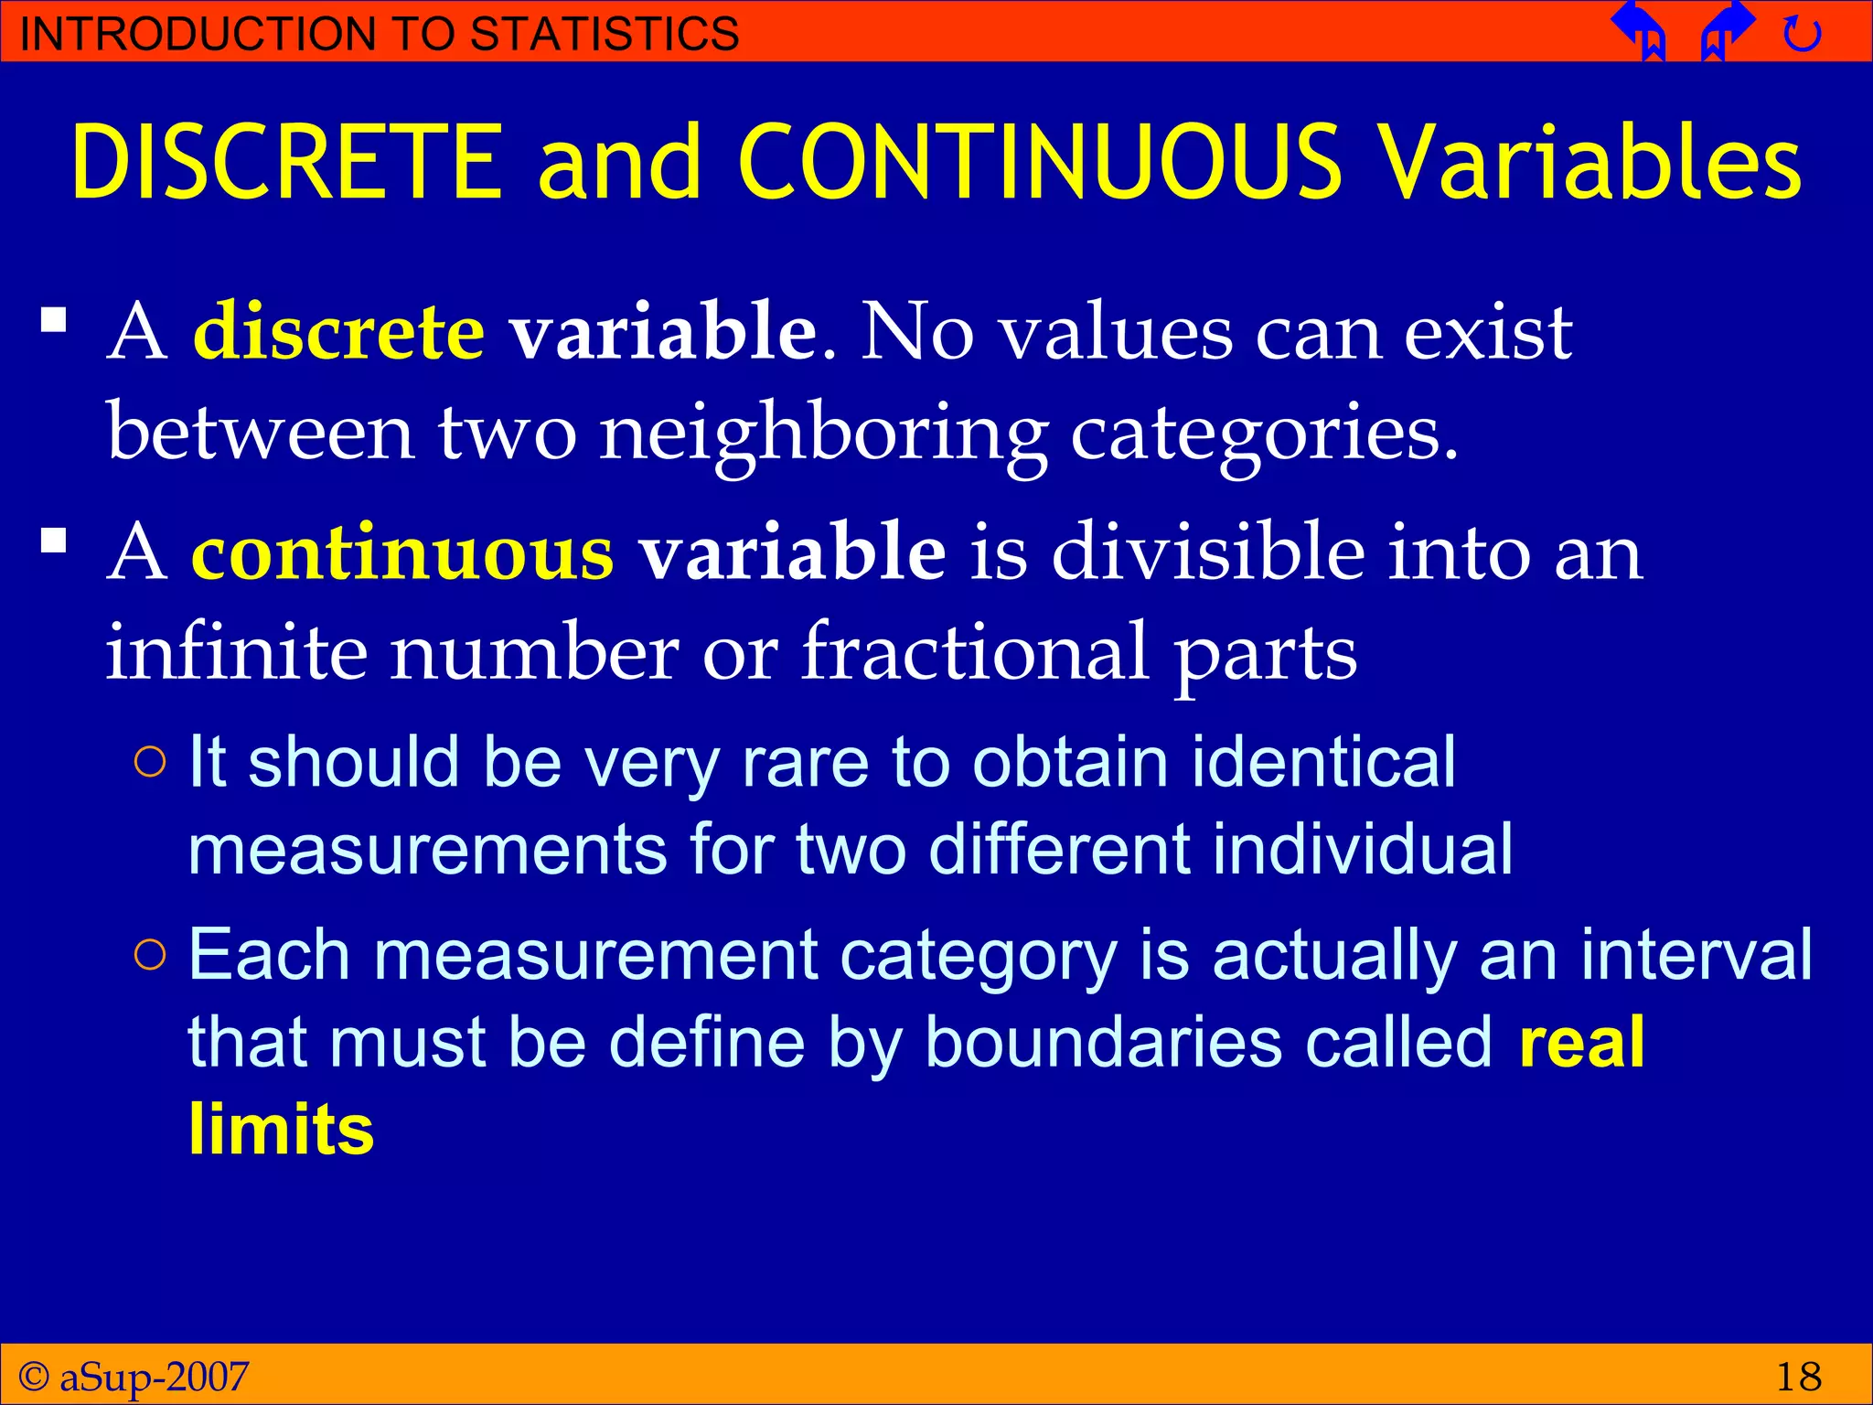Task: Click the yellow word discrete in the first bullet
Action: [338, 331]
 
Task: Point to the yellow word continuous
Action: [402, 552]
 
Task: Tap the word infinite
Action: [236, 651]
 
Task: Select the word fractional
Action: [975, 651]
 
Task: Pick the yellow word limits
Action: [282, 1129]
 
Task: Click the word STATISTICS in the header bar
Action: [605, 34]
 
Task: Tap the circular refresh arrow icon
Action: [1803, 34]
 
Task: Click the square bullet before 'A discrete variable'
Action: [54, 321]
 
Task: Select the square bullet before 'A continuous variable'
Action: [54, 542]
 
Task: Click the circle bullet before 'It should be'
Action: [150, 762]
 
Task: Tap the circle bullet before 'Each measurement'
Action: [150, 955]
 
